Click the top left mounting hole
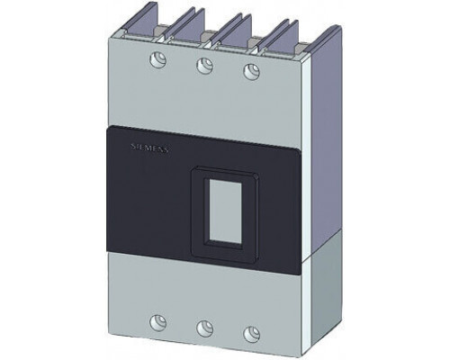coord(157,59)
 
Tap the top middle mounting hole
coord(205,66)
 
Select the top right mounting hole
coord(251,71)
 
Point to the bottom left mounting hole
coord(157,321)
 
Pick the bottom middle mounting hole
coord(205,328)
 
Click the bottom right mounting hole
coord(251,333)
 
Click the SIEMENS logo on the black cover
coord(150,148)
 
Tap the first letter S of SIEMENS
coord(133,146)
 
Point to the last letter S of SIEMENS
coord(166,150)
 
